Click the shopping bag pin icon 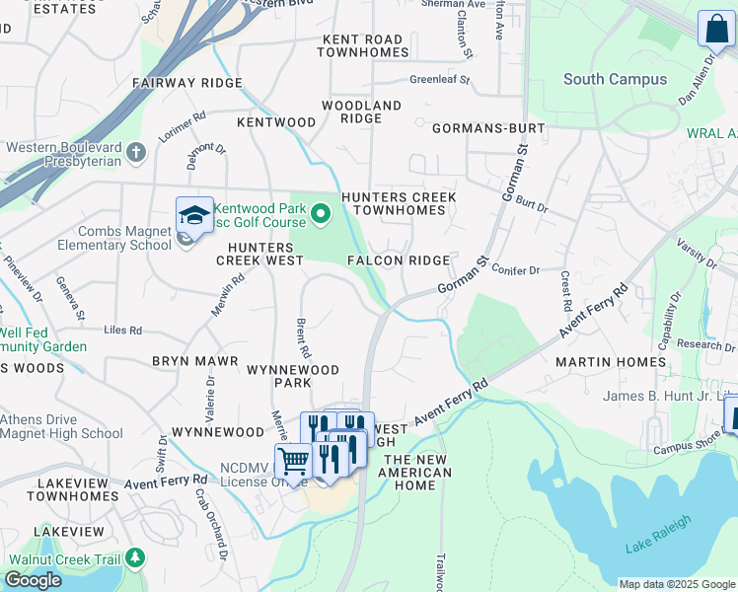(x=713, y=29)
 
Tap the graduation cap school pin (x=194, y=216)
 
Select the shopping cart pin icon (x=293, y=461)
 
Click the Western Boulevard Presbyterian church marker (x=136, y=153)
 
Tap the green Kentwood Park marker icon (x=320, y=212)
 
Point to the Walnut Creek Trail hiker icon (x=134, y=559)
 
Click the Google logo (x=34, y=580)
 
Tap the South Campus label (x=615, y=79)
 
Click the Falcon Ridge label (x=399, y=260)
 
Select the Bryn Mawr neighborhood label (x=194, y=361)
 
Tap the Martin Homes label (x=611, y=362)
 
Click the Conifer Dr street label (x=514, y=270)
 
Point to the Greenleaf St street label (x=439, y=79)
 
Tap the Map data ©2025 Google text (x=676, y=584)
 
